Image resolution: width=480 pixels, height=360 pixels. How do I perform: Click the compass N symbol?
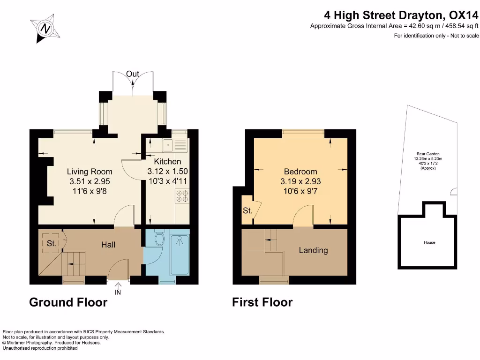coord(45,29)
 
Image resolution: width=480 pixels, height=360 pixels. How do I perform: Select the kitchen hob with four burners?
coord(182,196)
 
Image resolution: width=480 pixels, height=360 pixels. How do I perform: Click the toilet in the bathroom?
coord(160,237)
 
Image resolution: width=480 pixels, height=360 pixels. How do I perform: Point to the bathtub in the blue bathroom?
coord(180,255)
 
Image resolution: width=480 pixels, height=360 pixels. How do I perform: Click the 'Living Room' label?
coord(90,172)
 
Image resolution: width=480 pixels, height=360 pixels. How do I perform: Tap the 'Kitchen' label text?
coord(167,162)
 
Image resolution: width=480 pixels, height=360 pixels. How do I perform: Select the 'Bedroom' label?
coord(300,172)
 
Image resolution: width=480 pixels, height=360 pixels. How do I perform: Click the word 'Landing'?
coord(313,250)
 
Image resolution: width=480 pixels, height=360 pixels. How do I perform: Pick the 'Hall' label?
coord(108,245)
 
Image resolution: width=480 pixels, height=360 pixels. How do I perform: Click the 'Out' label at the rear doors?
coord(133,74)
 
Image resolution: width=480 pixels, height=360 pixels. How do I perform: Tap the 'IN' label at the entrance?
coord(118,292)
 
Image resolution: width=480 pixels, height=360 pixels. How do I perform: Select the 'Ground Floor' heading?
coord(68,302)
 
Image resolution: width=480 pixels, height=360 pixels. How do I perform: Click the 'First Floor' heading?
coord(262,302)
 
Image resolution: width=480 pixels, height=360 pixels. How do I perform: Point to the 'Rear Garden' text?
coord(428,154)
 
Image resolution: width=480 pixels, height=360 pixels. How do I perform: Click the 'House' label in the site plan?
coord(429,242)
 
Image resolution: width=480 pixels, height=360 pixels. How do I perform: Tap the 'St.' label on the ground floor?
coord(52,243)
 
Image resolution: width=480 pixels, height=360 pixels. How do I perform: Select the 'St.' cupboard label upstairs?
coord(247,210)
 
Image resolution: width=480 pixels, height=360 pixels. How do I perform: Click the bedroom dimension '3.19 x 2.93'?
coord(300,181)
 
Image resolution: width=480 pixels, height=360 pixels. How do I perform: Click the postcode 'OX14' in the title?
coord(463,15)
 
